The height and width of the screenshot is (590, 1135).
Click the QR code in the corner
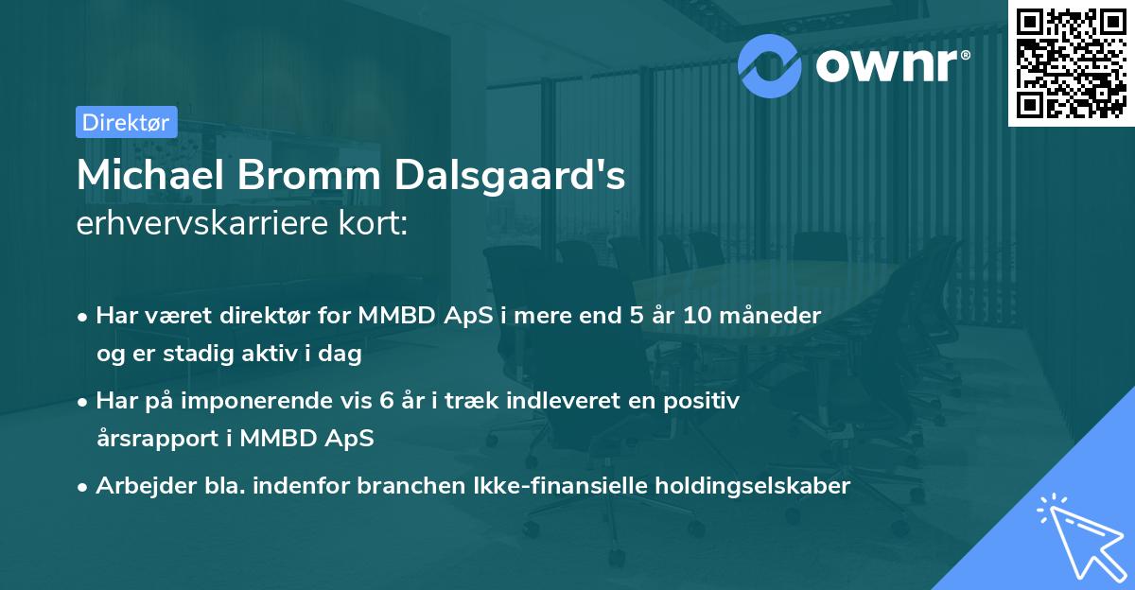click(x=1071, y=62)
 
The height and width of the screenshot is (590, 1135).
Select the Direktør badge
click(x=126, y=122)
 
